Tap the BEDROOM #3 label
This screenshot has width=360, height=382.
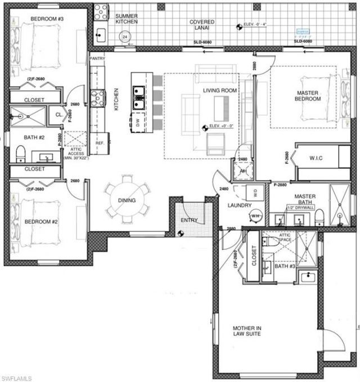47,19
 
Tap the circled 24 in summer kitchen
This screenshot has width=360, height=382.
124,37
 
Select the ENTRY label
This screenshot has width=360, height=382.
190,220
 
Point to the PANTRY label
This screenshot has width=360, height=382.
97,57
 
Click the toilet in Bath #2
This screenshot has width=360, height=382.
20,152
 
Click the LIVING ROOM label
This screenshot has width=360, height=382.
219,90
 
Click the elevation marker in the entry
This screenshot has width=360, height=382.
181,231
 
